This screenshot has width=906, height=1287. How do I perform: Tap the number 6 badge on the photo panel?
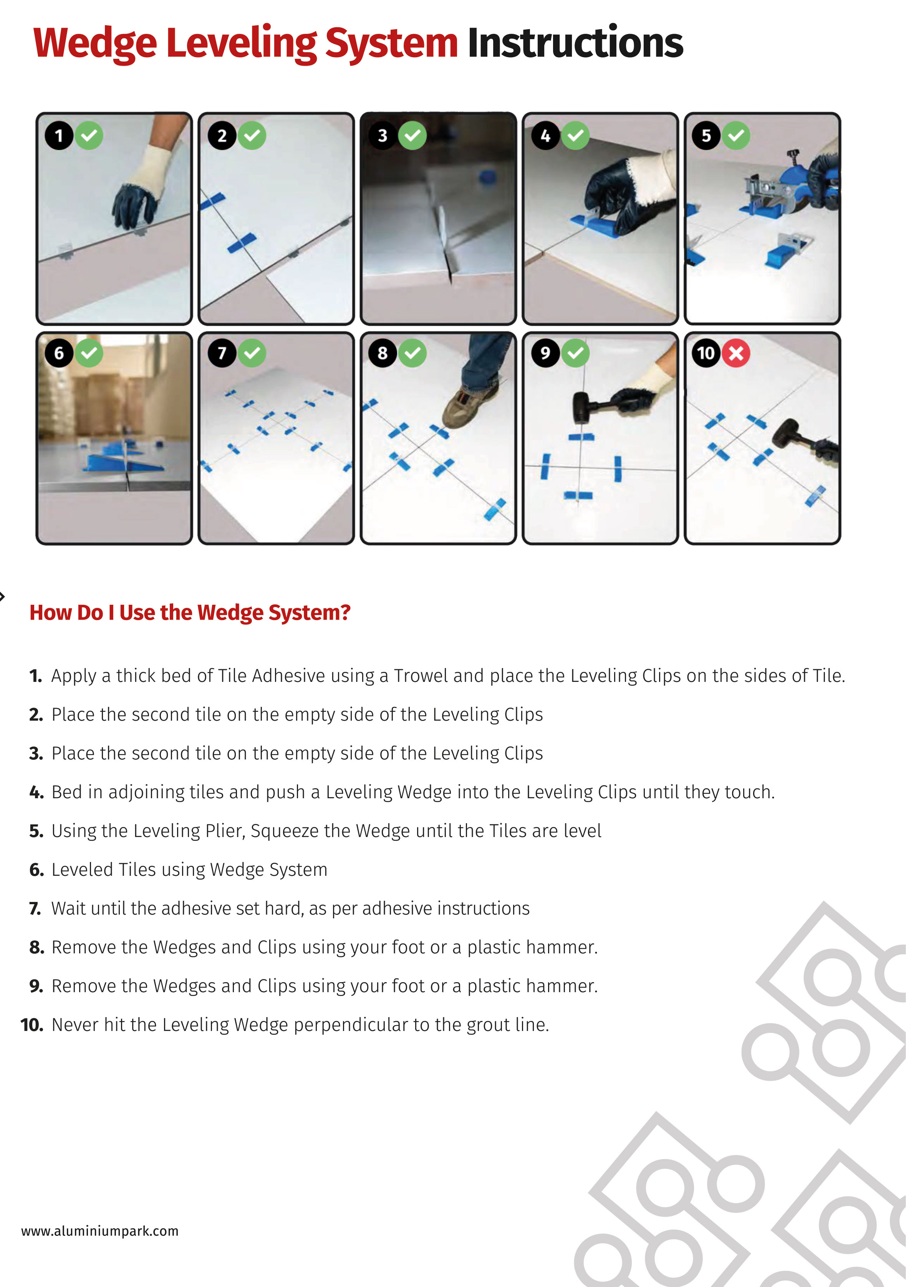pos(59,353)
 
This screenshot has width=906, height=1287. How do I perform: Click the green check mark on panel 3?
pos(412,136)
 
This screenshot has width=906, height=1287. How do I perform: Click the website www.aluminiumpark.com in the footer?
pos(100,1231)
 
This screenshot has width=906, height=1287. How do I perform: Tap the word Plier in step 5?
pos(225,831)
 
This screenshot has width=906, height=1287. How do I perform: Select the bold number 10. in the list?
pos(32,1025)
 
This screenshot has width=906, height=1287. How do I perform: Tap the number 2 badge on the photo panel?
pos(222,136)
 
